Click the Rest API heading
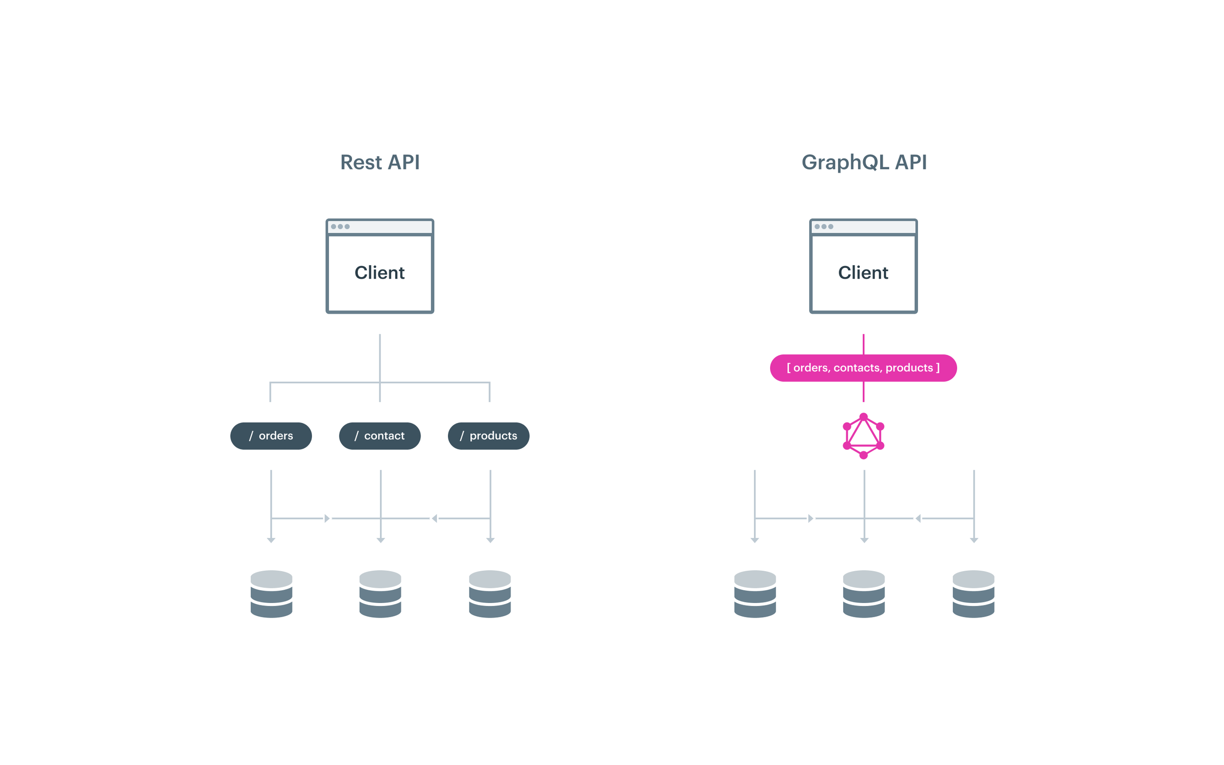coord(379,162)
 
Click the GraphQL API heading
coord(864,162)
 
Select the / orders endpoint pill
coord(271,436)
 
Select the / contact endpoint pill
coord(379,436)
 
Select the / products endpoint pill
coord(488,436)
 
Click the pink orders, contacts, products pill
coord(863,368)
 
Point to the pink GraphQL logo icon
coord(863,436)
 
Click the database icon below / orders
coord(271,594)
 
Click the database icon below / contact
coord(380,594)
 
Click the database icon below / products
coord(490,594)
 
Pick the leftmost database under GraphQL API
coord(755,594)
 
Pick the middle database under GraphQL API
coord(864,594)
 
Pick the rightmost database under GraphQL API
coord(973,594)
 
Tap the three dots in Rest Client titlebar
coord(340,227)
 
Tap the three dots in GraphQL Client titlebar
coord(824,227)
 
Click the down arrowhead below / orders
coord(271,540)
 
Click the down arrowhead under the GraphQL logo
coord(864,540)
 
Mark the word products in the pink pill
coord(909,368)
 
